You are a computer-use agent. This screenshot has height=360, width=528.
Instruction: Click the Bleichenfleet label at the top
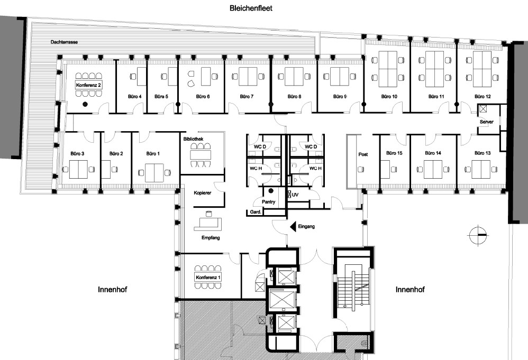coord(251,8)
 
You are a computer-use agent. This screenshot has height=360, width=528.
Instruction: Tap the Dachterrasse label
coord(65,42)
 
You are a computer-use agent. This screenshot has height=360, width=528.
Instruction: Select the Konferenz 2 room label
coord(88,85)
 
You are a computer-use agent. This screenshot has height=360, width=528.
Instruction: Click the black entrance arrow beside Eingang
coord(293,226)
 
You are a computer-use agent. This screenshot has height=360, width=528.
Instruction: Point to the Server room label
coord(487,122)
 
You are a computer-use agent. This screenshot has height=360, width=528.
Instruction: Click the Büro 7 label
coord(247,97)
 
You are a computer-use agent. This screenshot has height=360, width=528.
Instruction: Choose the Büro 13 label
coord(483,153)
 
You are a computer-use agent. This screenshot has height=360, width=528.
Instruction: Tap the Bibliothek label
coord(193,139)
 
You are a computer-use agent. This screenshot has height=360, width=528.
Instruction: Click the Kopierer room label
coord(203,193)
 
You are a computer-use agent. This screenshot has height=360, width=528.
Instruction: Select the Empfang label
coord(211,237)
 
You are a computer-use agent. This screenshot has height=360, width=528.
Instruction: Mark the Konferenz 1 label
coord(208,278)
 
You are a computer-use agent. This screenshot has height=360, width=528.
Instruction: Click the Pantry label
coord(268,202)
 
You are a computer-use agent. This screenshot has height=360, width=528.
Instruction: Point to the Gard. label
coord(256,212)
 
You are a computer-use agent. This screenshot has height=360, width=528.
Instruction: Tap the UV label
coord(295,195)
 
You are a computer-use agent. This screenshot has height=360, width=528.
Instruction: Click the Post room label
coord(363,154)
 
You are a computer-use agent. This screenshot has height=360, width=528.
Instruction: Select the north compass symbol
coord(478,235)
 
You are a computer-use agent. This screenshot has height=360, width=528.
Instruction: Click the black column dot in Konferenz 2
coord(85,104)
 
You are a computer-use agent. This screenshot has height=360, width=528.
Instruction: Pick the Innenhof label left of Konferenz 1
coord(113,289)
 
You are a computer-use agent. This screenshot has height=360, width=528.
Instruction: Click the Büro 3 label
coord(77,154)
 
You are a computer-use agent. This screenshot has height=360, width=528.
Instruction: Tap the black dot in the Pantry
coord(271,191)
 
